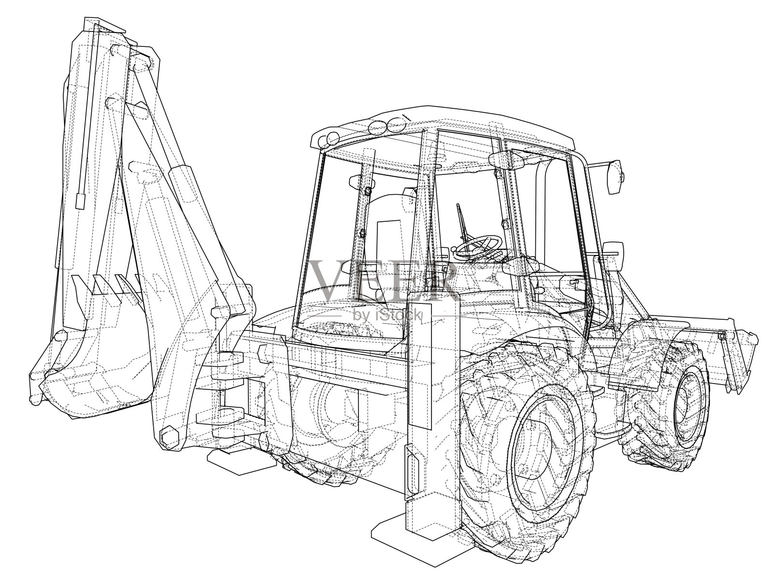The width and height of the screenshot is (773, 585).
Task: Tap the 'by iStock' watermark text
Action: pyautogui.click(x=387, y=315)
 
